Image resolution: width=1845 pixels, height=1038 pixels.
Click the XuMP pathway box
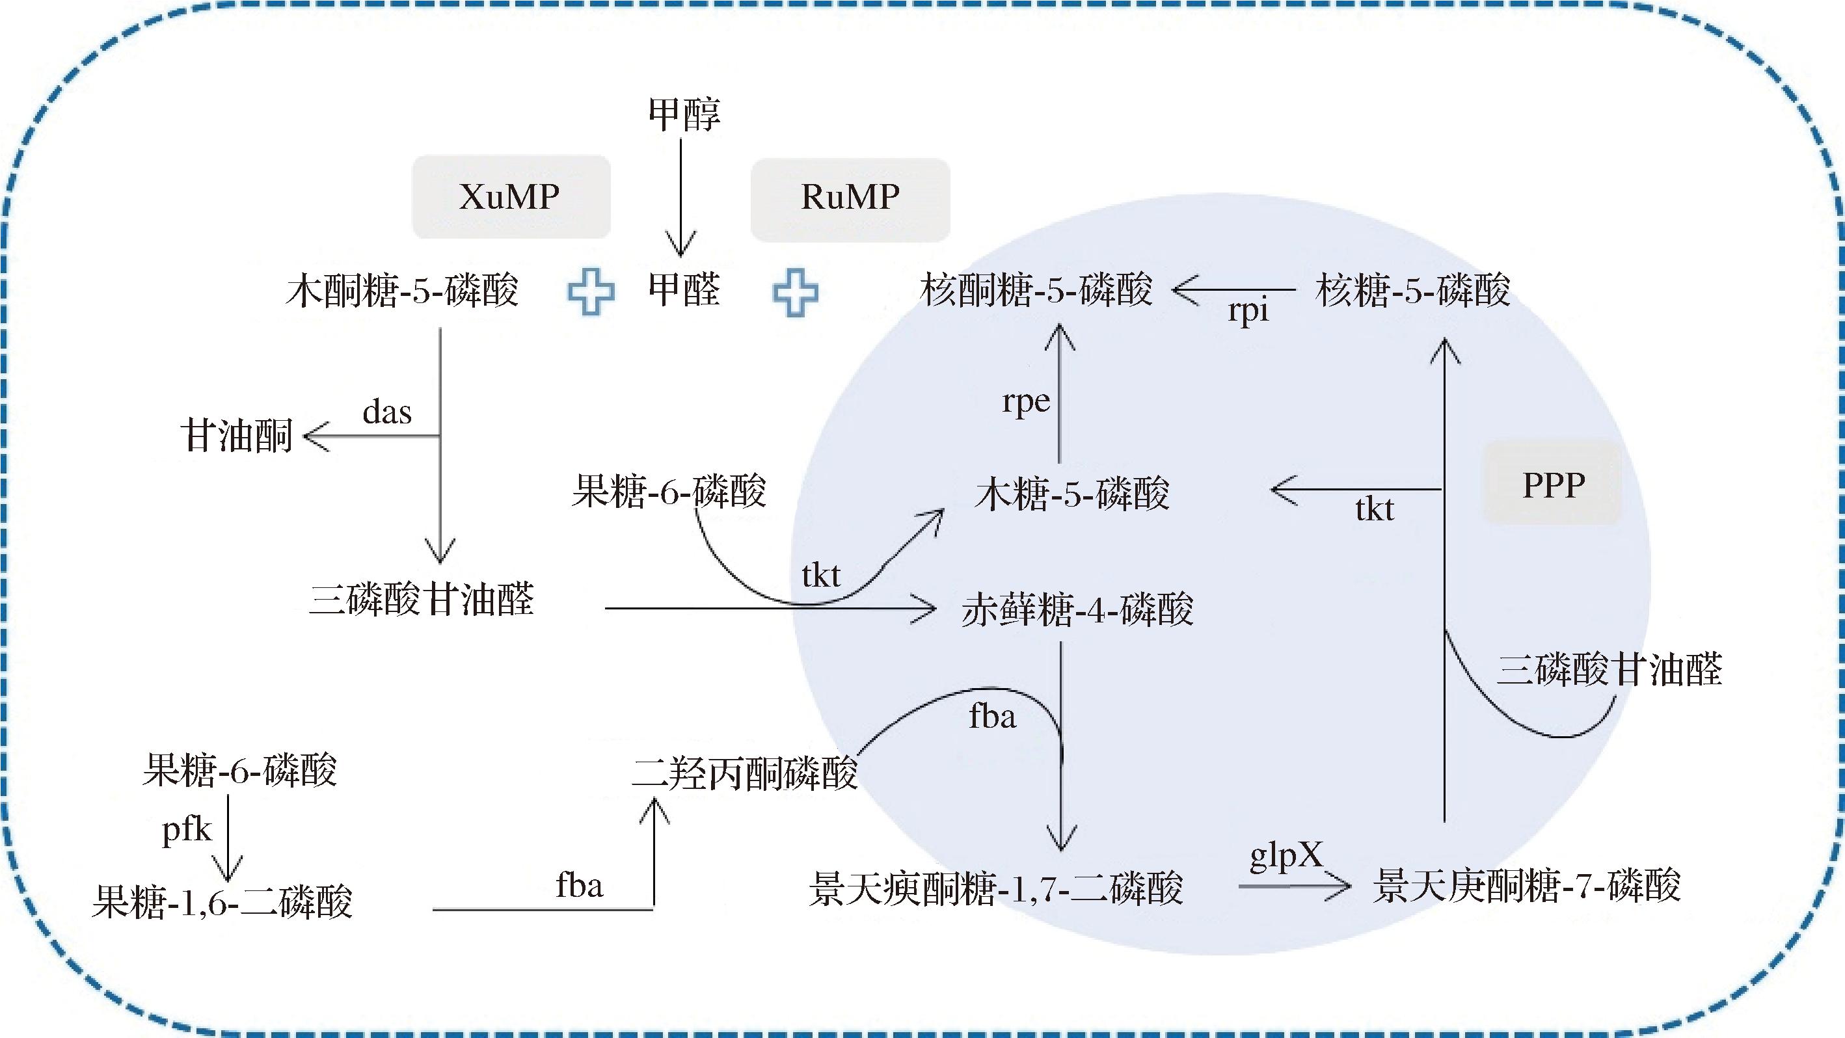(x=511, y=197)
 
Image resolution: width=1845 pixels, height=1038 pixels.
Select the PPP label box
(x=1553, y=485)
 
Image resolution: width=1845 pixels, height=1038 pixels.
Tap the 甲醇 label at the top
(x=684, y=114)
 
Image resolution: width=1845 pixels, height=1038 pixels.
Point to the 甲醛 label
(x=684, y=290)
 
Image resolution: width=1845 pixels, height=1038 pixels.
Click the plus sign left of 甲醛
(x=591, y=292)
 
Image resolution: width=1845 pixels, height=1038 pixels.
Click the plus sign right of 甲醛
(x=795, y=292)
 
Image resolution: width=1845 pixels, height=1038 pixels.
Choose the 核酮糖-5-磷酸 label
(x=1036, y=290)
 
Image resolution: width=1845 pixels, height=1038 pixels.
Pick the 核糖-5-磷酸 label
(x=1412, y=290)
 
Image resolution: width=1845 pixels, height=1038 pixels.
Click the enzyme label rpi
(x=1248, y=311)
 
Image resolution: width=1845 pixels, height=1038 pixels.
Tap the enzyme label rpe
(x=1026, y=401)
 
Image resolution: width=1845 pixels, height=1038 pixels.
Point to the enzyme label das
(x=387, y=412)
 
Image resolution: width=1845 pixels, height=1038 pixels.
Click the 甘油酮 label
(x=236, y=435)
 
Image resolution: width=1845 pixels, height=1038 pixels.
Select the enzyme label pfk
(x=187, y=831)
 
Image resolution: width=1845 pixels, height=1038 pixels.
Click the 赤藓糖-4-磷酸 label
(x=1077, y=610)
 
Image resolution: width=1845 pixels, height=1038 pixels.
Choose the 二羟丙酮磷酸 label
(x=745, y=774)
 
